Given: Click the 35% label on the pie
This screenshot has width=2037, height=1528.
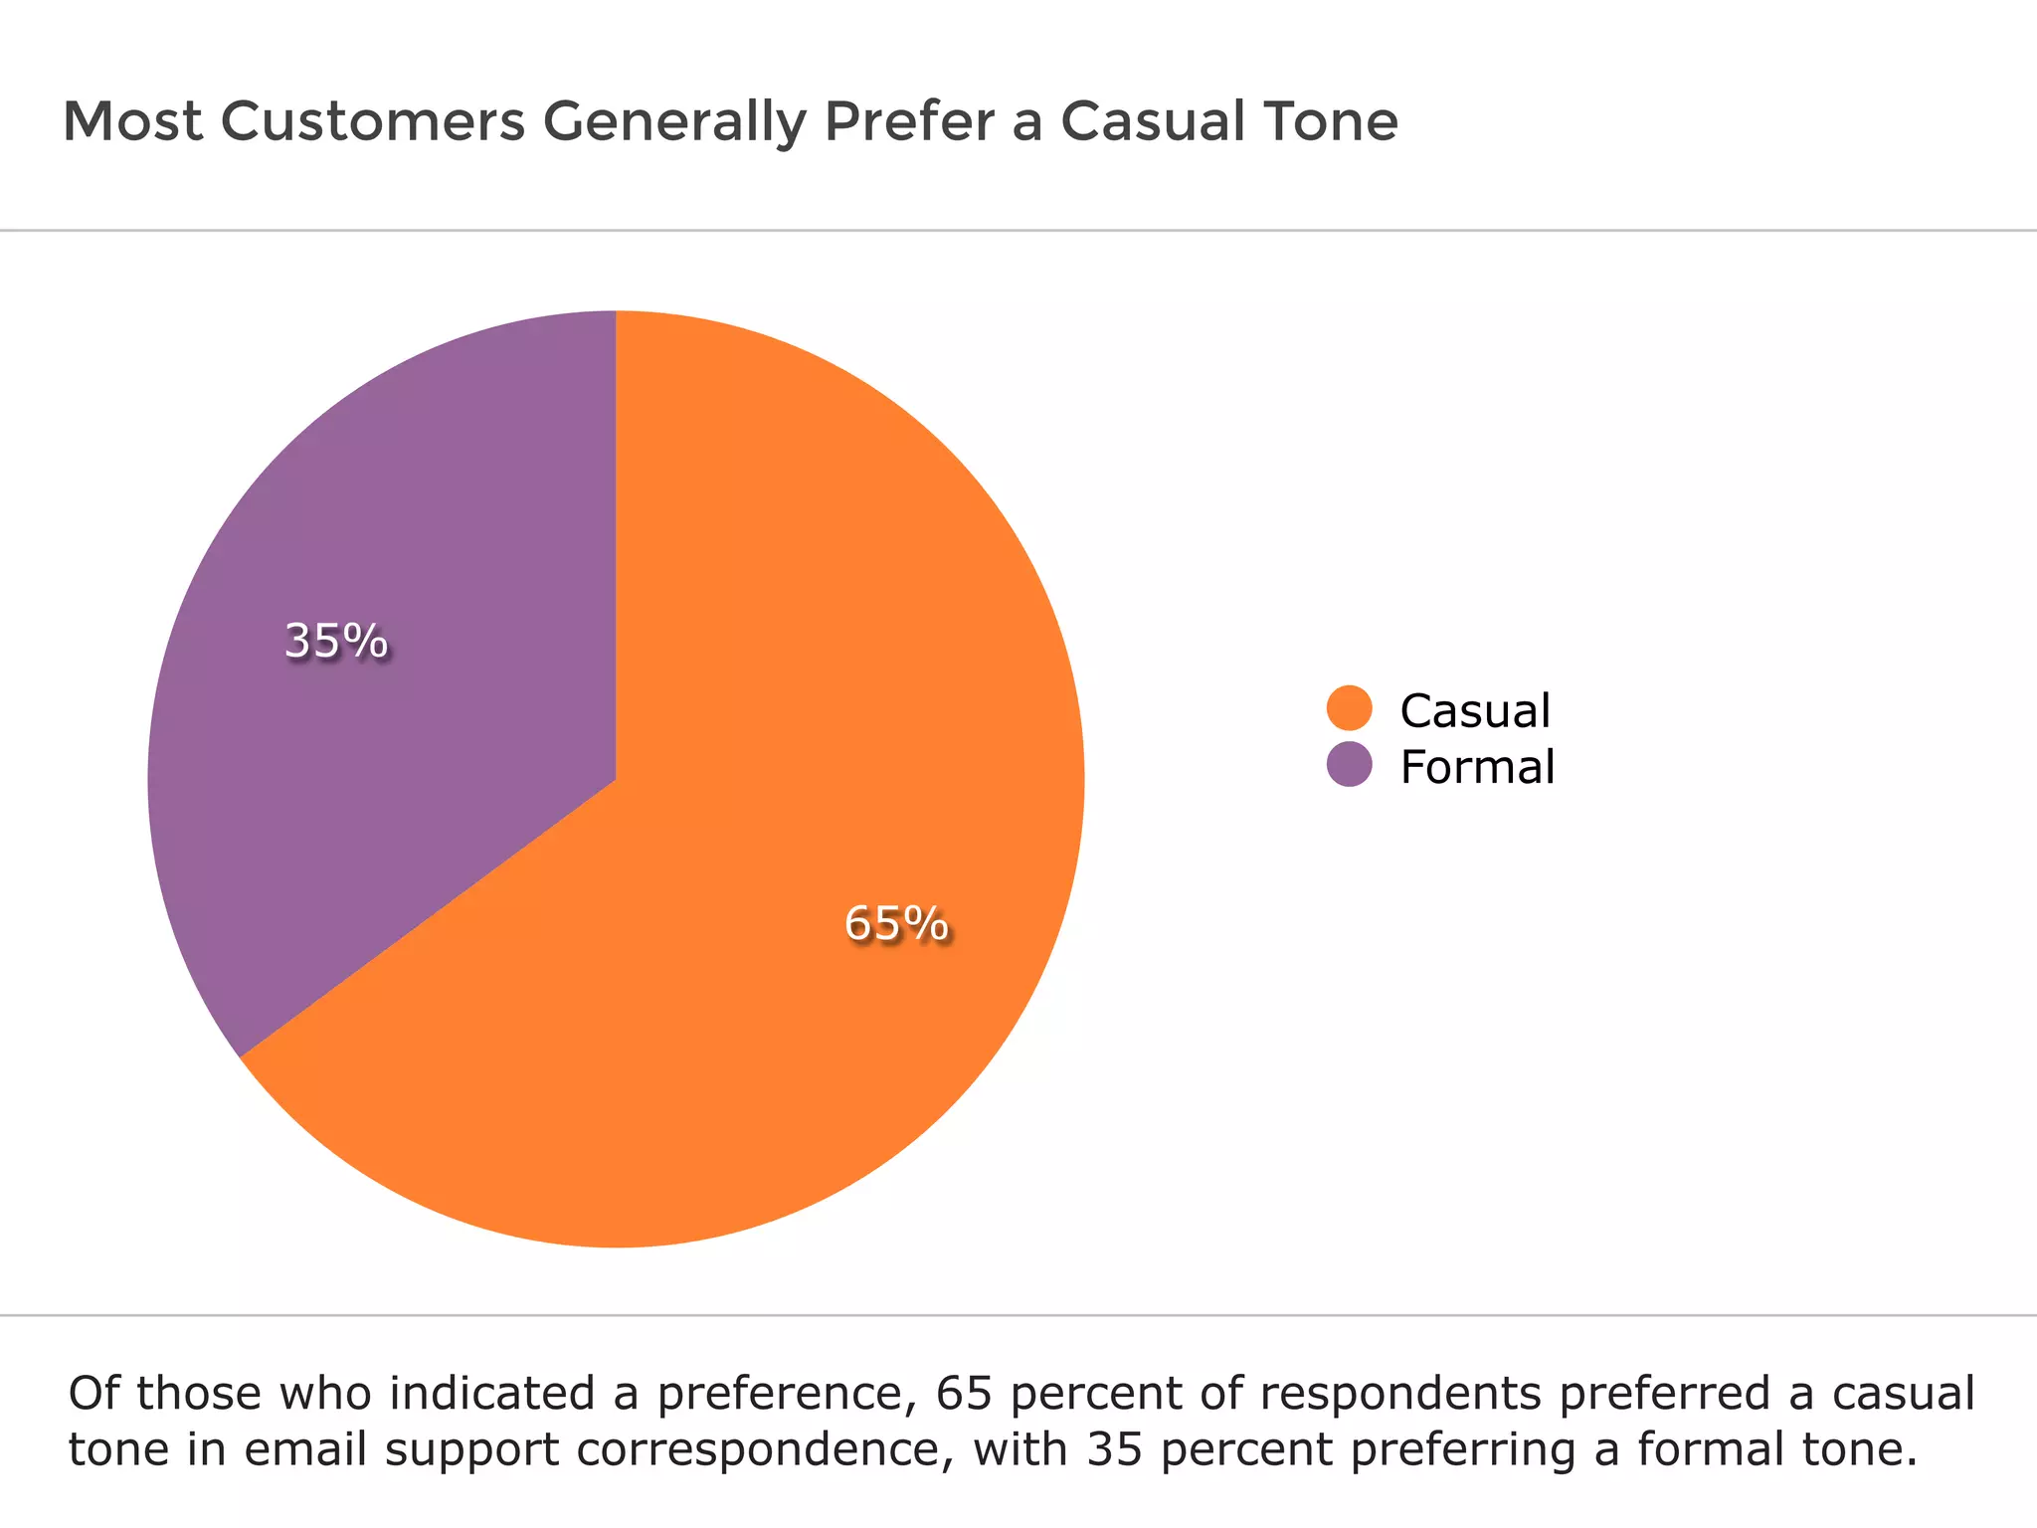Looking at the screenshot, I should point(335,641).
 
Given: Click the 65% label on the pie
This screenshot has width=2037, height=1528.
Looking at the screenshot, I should point(895,923).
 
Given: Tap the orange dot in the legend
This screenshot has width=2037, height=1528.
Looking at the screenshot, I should point(1349,708).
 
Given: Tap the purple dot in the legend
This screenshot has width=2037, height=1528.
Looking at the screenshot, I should point(1349,764).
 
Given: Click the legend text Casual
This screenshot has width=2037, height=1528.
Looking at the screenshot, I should point(1475,710).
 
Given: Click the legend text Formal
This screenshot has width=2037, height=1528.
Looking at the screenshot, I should point(1477,767).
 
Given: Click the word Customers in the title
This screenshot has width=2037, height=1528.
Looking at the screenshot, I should point(373,121).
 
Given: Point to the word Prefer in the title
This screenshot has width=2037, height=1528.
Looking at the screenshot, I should point(909,121).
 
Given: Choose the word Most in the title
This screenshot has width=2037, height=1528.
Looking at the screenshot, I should point(132,121).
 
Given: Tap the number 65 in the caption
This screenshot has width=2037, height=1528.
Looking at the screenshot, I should point(965,1393).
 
